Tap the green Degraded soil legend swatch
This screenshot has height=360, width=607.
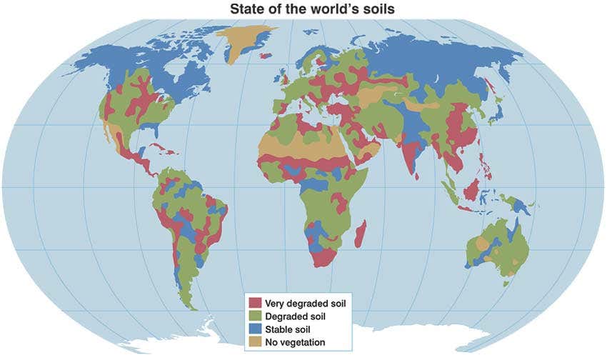coord(254,316)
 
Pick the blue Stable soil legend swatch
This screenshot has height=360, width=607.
coord(254,329)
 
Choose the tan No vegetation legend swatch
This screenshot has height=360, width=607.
coord(254,342)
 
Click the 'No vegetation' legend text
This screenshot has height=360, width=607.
coord(294,342)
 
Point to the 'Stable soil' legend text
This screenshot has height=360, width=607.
coord(287,329)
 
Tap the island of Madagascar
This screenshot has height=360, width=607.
coord(361,234)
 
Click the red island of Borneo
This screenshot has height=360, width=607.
coord(471,190)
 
